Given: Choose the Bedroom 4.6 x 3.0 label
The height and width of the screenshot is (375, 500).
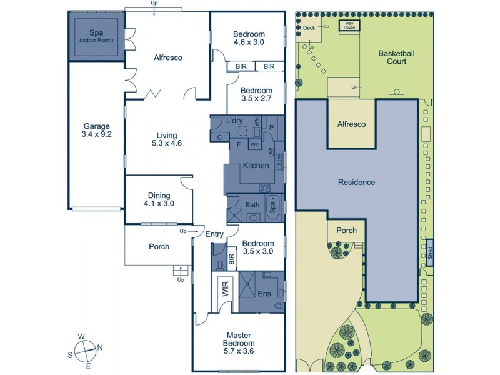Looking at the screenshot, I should tap(249, 38).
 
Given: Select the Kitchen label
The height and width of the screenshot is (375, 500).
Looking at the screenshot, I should tap(256, 166).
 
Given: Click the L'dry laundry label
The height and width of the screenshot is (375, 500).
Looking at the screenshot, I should tap(235, 120).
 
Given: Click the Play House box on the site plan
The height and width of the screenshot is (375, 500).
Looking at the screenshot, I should tap(349, 26).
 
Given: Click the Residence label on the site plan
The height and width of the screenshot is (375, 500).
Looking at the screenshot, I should tap(356, 182).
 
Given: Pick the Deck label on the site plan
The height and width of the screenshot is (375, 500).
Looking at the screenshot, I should tap(309, 27).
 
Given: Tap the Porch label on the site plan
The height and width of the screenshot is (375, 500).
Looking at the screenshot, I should tap(346, 231).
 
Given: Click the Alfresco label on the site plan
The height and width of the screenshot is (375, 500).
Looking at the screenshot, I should tap(351, 124).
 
